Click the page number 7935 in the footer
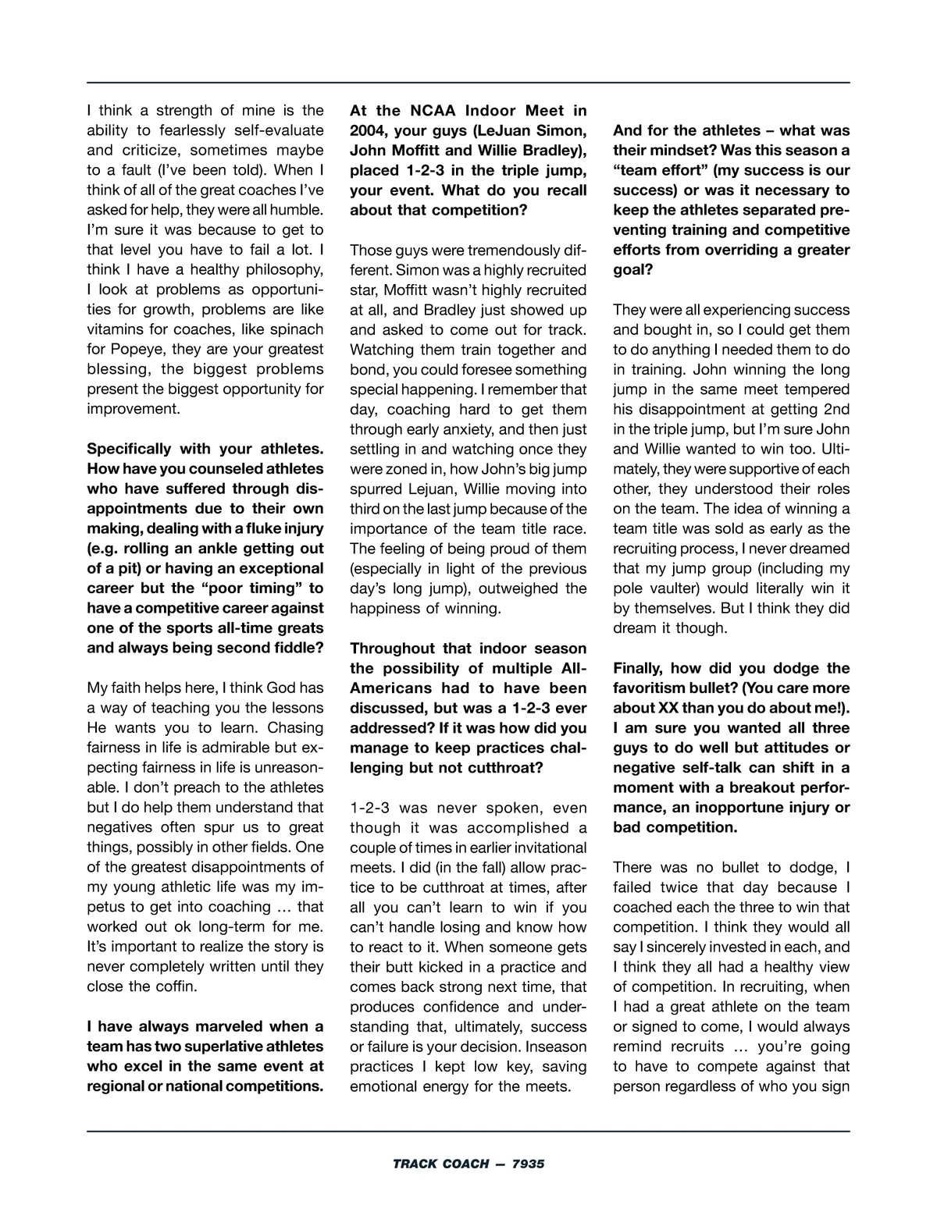pyautogui.click(x=528, y=1164)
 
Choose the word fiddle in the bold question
pyautogui.click(x=294, y=648)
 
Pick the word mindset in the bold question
pyautogui.click(x=817, y=130)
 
